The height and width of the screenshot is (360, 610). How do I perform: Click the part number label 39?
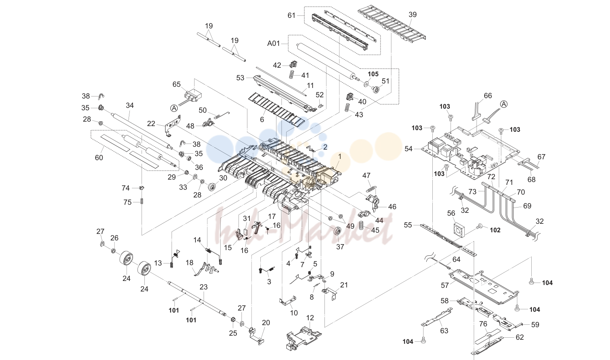click(412, 15)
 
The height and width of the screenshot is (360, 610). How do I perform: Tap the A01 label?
click(273, 43)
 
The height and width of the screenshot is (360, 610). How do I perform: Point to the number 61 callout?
click(291, 15)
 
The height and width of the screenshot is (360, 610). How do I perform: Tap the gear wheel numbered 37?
click(338, 232)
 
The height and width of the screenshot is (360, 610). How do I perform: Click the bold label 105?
click(373, 74)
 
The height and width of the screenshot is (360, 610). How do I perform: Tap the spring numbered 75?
click(142, 202)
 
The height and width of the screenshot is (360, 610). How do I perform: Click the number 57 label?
click(445, 285)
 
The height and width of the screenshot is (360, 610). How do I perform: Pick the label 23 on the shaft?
click(204, 287)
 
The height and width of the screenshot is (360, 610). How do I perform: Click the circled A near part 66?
click(504, 104)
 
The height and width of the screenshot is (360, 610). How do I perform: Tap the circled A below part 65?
click(174, 108)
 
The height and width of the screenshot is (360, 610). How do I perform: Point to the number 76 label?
click(483, 324)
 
